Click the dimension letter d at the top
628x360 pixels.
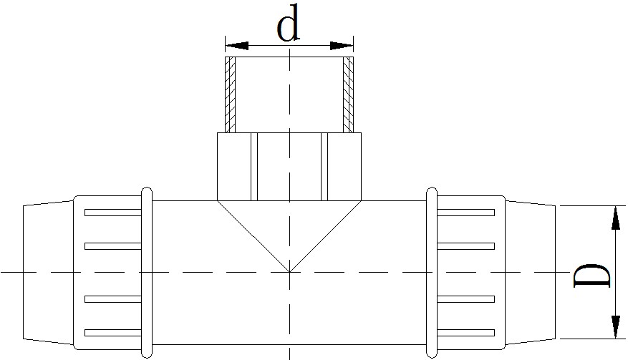point(289,23)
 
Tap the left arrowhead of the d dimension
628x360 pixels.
point(237,46)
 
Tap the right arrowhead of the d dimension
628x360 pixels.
point(342,46)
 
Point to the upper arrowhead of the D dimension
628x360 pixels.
point(615,218)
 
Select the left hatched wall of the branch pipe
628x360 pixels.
point(231,94)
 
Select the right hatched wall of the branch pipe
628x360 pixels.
point(349,94)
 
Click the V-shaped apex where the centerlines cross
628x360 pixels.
point(289,272)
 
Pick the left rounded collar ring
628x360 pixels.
point(147,272)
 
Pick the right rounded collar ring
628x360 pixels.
point(431,272)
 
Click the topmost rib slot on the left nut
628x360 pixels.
point(113,213)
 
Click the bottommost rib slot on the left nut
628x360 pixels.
point(113,333)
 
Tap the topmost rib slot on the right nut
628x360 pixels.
point(465,213)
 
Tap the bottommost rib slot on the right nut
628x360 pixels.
point(465,333)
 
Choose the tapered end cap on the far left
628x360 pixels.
point(48,272)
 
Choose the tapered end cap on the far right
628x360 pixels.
point(531,272)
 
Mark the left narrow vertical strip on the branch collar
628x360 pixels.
point(254,167)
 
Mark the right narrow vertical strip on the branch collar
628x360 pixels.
point(324,167)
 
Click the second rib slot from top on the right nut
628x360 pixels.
point(465,246)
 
